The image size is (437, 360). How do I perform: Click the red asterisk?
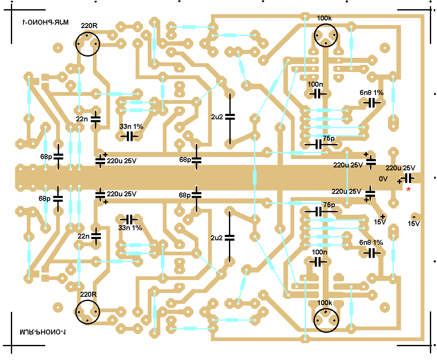click(408, 190)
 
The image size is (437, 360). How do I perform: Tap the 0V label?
click(383, 179)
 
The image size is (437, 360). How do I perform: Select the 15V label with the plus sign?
click(380, 222)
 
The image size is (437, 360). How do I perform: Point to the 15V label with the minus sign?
click(414, 223)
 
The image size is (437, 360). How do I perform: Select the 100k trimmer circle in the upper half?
click(326, 35)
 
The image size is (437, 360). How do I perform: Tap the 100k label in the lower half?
click(324, 303)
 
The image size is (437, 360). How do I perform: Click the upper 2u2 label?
click(217, 116)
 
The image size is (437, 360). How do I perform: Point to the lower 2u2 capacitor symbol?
click(229, 237)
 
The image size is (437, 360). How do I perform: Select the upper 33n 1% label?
click(131, 126)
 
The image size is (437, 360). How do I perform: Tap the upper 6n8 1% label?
click(371, 93)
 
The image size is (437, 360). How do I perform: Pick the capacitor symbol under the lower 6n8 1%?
click(371, 252)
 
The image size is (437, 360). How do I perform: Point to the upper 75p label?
click(329, 138)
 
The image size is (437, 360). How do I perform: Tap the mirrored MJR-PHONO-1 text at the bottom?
click(43, 332)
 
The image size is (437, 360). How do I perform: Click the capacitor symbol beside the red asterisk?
click(407, 178)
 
